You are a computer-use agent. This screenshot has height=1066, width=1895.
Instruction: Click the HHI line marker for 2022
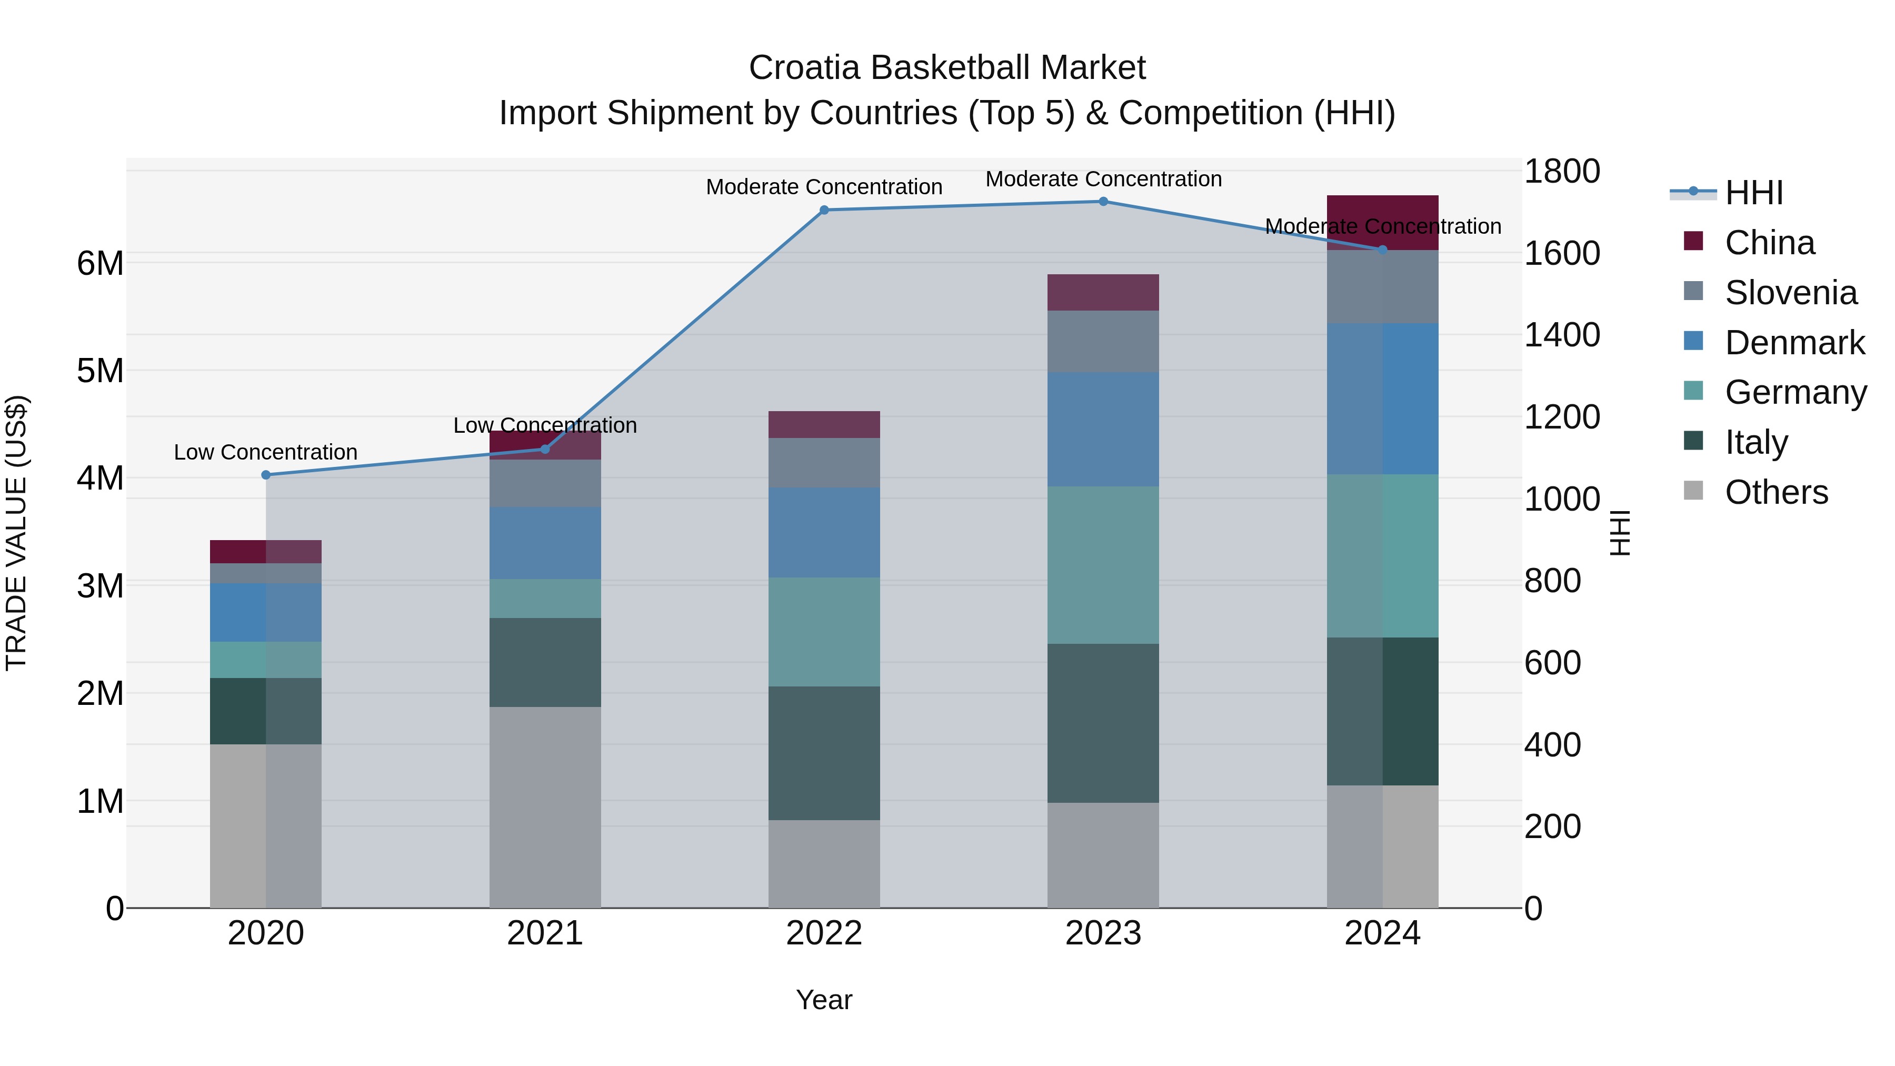coord(824,211)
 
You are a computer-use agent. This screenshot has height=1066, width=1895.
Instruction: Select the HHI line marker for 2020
coord(266,475)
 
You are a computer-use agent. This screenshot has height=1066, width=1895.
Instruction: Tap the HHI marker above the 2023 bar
coord(1103,202)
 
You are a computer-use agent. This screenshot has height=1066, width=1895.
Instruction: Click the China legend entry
coord(1769,243)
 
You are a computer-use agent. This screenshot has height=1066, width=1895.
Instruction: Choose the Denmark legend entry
coord(1794,343)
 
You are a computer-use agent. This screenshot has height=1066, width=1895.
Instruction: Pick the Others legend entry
coord(1776,492)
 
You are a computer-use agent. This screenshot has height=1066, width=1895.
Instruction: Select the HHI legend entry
coord(1754,193)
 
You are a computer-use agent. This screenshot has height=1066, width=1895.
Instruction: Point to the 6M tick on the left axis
coord(100,263)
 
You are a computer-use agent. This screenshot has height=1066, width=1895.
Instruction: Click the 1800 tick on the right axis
coord(1561,172)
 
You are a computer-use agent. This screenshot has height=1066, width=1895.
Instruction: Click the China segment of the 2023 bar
coord(1103,293)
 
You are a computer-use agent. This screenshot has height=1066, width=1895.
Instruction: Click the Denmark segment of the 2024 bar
coord(1382,398)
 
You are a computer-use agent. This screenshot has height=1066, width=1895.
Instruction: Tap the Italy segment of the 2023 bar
coord(1103,723)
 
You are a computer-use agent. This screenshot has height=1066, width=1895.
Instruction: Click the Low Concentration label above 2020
coord(266,452)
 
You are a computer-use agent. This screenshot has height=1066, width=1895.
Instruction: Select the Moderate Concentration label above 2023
coord(1103,180)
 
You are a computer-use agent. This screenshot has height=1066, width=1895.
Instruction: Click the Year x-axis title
coord(824,1001)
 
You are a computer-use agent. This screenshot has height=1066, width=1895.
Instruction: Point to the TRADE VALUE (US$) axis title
coord(16,533)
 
